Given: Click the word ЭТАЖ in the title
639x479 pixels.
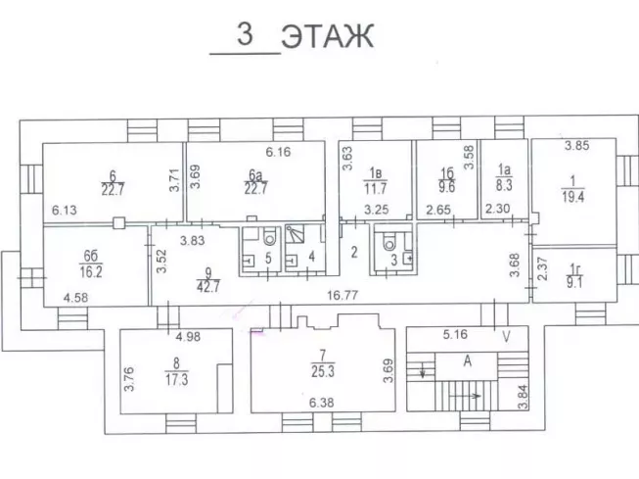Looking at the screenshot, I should click(x=328, y=37).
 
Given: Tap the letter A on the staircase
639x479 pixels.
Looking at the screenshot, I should click(x=467, y=360).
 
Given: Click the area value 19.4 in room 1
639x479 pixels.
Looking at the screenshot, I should click(x=571, y=196).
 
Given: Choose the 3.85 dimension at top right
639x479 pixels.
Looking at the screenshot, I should click(x=578, y=147).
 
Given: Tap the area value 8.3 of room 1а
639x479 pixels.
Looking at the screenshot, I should click(x=505, y=182).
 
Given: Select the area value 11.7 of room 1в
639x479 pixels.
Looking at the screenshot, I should click(x=377, y=187).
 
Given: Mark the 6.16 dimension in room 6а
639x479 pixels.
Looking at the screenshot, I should click(x=280, y=152).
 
